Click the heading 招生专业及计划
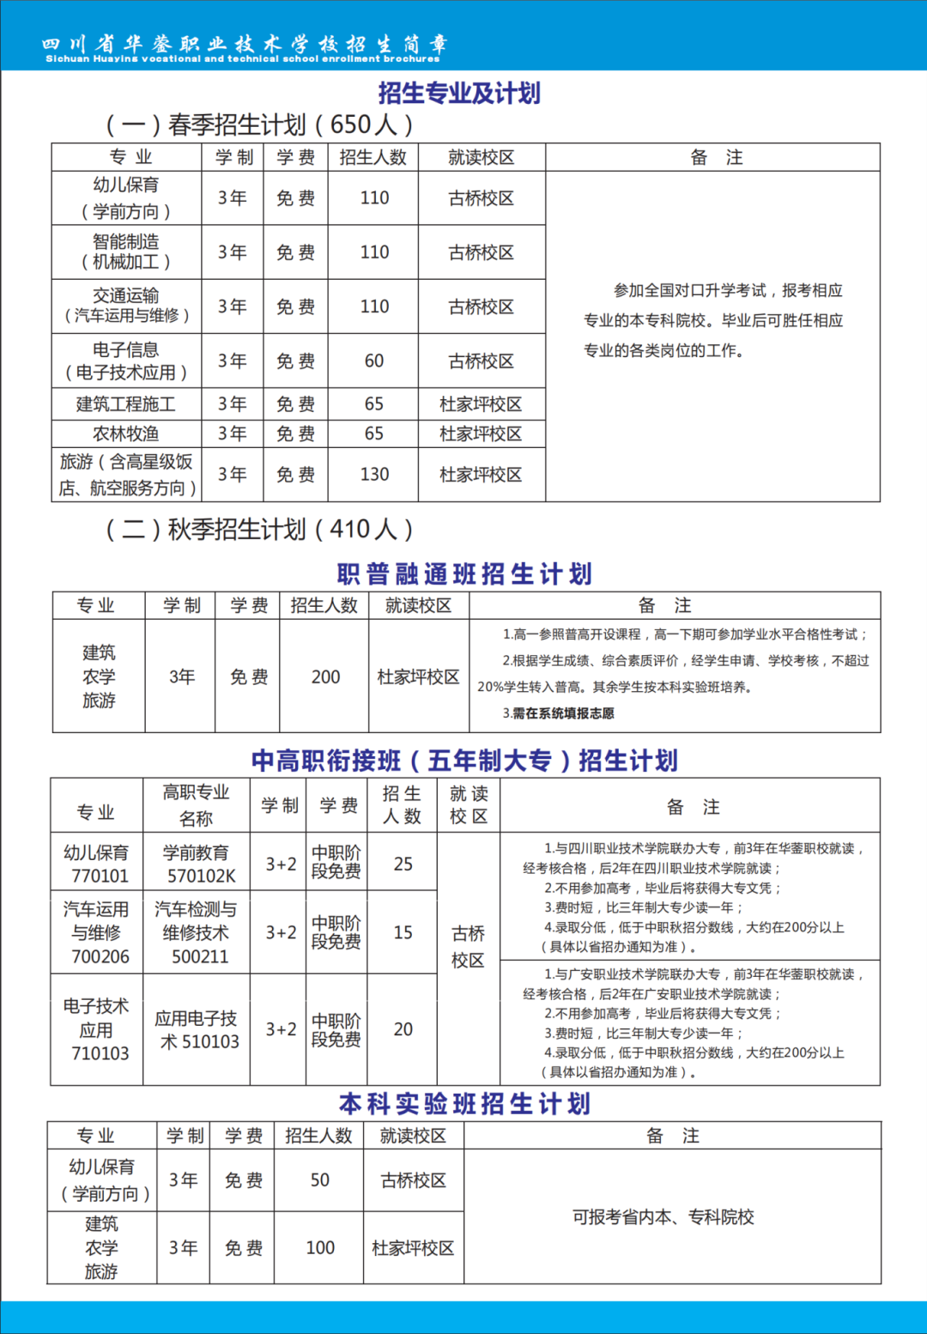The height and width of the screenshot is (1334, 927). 459,93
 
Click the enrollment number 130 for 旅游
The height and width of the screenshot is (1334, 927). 374,474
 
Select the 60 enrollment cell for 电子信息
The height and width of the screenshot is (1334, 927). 374,361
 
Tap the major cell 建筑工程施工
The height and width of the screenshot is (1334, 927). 126,403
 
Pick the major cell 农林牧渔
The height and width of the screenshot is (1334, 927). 126,434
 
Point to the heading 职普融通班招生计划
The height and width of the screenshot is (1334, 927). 464,573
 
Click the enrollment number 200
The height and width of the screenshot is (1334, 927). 325,676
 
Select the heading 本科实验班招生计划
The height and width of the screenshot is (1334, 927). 464,1103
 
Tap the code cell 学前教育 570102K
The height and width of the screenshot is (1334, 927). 197,864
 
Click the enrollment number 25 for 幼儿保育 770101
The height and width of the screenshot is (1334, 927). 403,864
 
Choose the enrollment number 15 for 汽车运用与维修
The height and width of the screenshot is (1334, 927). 403,932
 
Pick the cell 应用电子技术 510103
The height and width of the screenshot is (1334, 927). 197,1029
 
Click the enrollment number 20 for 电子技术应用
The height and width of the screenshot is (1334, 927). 403,1029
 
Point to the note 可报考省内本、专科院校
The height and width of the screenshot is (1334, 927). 663,1216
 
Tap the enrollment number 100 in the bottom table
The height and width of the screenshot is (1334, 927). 320,1247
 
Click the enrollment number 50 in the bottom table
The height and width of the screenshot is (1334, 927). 320,1179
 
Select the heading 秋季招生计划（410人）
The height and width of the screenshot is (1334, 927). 259,529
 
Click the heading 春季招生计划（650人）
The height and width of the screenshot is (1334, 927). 259,124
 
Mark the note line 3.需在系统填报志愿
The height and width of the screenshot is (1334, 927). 559,713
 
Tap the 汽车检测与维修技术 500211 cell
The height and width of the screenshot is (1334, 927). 197,932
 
